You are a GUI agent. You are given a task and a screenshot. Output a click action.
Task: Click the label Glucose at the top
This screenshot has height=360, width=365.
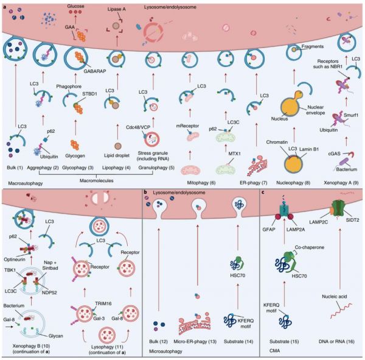pos(75,6)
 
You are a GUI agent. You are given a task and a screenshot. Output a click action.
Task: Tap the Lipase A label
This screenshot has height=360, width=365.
pos(116,9)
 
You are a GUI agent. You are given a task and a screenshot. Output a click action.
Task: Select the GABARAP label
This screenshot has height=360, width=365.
pos(95,71)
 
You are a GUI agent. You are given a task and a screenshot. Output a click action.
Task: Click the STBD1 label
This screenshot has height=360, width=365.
pos(89,94)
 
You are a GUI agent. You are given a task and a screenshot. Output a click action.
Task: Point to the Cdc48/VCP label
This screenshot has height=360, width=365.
pos(138,127)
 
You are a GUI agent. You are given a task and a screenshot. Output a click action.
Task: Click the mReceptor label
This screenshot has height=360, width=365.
pos(187,126)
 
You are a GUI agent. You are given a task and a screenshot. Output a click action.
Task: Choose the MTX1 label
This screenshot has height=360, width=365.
pos(234,154)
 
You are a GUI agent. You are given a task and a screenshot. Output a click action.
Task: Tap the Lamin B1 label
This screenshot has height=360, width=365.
pos(309,149)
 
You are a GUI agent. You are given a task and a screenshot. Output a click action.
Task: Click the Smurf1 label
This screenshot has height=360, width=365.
pos(351,115)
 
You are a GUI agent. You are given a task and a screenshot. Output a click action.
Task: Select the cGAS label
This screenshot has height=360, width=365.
pos(334,154)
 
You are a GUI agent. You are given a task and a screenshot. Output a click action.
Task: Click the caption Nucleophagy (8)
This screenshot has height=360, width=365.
pos(293,183)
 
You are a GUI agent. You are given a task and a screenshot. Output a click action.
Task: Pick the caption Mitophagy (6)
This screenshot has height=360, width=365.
pos(201,183)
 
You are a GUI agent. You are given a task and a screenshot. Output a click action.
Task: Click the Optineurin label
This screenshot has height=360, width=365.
pos(15,259)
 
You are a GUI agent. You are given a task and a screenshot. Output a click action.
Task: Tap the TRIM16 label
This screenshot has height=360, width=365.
pos(103,303)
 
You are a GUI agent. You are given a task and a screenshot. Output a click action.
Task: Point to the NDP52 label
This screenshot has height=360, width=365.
pos(50,292)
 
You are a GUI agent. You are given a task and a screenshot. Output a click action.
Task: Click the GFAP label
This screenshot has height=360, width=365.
pos(269,230)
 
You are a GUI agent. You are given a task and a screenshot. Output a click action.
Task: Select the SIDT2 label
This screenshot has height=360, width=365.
pos(352,220)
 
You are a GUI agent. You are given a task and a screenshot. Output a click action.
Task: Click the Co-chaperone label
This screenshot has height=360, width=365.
pos(310,247)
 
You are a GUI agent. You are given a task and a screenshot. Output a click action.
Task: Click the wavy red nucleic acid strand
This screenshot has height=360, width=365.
pos(342,311)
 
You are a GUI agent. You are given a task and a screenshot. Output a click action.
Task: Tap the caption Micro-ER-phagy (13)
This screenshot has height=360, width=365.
pos(195,342)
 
